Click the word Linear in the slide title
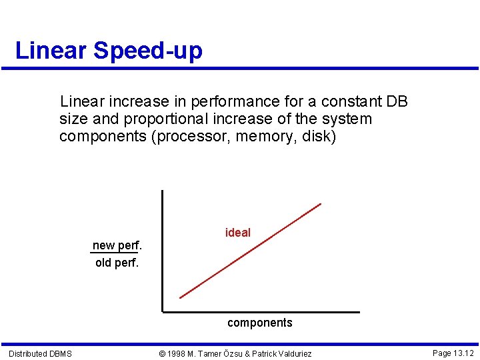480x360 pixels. tap(51, 51)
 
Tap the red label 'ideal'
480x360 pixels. tap(238, 233)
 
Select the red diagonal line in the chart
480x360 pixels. tap(250, 251)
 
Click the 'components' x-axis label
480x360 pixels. tap(259, 323)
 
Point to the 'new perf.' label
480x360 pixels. tap(117, 245)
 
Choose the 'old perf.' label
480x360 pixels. tap(117, 263)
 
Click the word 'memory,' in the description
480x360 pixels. tap(261, 137)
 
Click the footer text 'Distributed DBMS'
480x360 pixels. tap(40, 353)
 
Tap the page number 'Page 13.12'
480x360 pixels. tap(453, 353)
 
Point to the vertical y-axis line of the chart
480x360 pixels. tap(161, 250)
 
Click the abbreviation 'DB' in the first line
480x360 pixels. tap(397, 102)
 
